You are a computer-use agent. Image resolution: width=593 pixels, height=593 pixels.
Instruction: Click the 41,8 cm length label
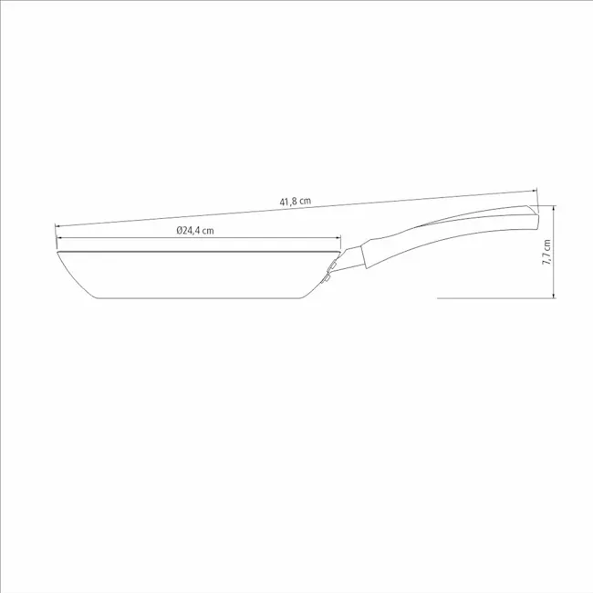[x=296, y=202]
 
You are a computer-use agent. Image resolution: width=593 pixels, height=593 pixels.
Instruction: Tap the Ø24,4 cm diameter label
[x=195, y=230]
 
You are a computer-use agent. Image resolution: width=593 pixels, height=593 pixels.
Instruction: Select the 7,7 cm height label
[x=546, y=252]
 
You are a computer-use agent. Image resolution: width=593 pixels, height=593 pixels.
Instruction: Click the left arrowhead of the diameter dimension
[x=59, y=238]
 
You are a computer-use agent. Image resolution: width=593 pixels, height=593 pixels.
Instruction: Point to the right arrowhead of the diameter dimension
[x=338, y=238]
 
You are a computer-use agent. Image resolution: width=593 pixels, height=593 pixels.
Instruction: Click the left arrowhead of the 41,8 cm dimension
[x=57, y=226]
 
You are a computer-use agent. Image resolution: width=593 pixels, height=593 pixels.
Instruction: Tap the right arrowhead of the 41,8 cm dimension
[x=535, y=191]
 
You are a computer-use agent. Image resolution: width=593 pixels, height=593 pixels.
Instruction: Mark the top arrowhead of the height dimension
[x=554, y=208]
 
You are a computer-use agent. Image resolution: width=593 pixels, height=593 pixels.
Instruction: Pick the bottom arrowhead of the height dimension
[x=554, y=296]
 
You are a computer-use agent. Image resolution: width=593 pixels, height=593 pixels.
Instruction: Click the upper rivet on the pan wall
[x=332, y=266]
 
